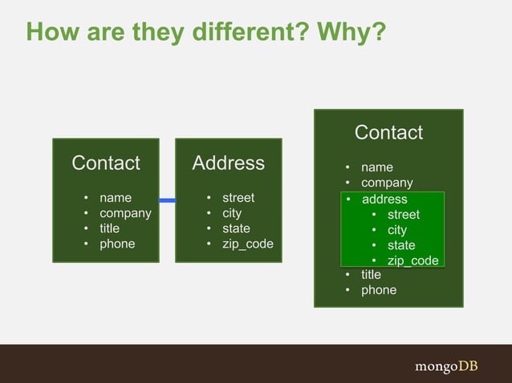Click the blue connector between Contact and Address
(167, 200)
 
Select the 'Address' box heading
(229, 163)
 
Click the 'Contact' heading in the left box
(106, 163)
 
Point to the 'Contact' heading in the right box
(388, 132)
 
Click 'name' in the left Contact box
(115, 198)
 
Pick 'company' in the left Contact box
(125, 213)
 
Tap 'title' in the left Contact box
(109, 228)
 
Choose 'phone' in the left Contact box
(117, 244)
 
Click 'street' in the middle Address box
(238, 198)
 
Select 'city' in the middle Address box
(232, 213)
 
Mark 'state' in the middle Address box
(236, 228)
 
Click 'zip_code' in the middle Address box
(248, 244)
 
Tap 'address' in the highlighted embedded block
(384, 200)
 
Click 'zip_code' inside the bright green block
(412, 260)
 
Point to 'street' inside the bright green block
(404, 215)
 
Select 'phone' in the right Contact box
(379, 290)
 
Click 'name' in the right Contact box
(377, 167)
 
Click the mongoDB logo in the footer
(446, 366)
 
